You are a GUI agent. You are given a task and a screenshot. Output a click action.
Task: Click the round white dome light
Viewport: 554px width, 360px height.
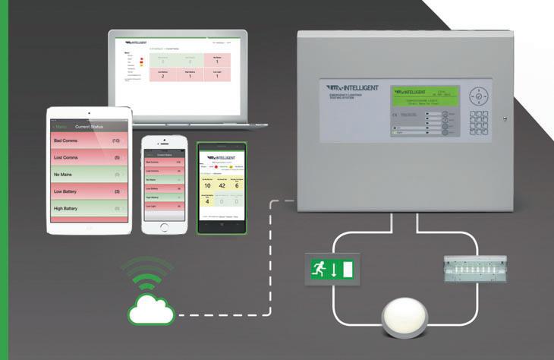(x=411, y=317)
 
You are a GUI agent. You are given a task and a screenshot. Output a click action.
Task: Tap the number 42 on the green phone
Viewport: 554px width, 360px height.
(x=222, y=186)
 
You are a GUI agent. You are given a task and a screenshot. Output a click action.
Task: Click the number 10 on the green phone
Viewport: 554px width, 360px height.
(x=206, y=186)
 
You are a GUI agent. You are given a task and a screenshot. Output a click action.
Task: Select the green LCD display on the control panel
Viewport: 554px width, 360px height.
(x=423, y=98)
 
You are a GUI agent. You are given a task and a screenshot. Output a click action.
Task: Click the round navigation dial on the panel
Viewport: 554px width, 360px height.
(x=479, y=96)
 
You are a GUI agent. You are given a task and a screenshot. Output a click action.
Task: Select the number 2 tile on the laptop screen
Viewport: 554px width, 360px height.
(x=162, y=76)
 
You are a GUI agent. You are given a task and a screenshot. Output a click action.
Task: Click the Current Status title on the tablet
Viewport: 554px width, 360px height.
(x=89, y=127)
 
